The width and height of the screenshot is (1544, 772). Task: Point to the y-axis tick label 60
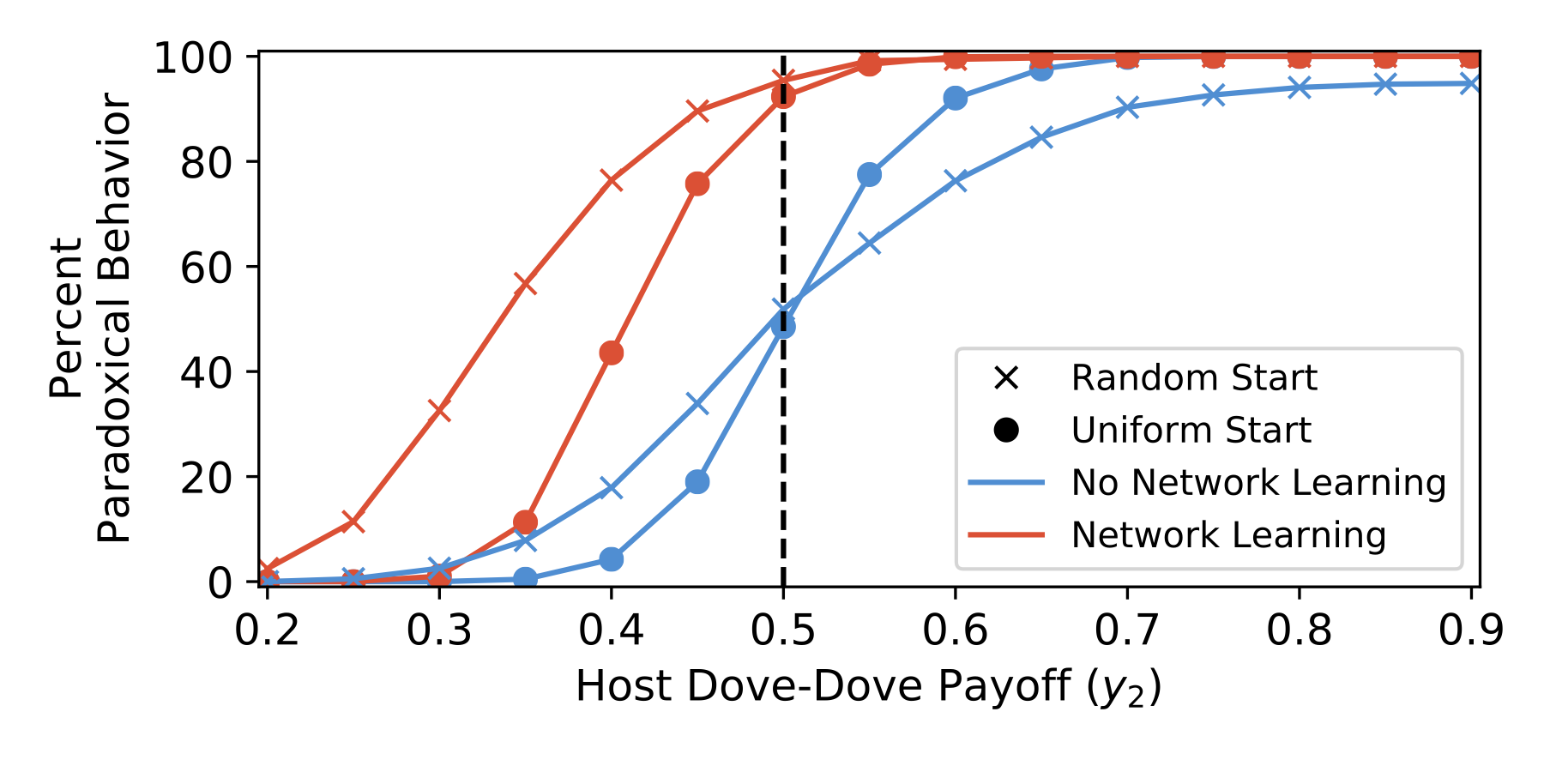[x=207, y=268]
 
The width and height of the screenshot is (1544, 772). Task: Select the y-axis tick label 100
[x=193, y=58]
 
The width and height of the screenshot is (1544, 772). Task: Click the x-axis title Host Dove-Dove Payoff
[x=868, y=687]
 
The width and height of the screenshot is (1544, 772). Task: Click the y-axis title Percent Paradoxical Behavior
[x=90, y=317]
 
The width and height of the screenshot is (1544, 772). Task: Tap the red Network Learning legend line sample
[x=1006, y=535]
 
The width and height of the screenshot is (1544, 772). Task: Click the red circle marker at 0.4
[x=611, y=353]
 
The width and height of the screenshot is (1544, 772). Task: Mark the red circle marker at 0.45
[x=697, y=184]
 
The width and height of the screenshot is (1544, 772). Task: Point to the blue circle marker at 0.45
[x=697, y=482]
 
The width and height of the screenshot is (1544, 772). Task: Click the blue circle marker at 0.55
[x=869, y=175]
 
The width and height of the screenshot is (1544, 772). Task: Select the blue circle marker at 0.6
[x=955, y=99]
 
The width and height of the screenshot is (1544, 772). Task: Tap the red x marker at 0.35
[x=525, y=284]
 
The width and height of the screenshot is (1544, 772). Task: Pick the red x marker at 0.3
[x=439, y=411]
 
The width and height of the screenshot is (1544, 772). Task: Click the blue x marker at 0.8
[x=1299, y=87]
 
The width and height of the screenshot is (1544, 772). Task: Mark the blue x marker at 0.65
[x=1040, y=137]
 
